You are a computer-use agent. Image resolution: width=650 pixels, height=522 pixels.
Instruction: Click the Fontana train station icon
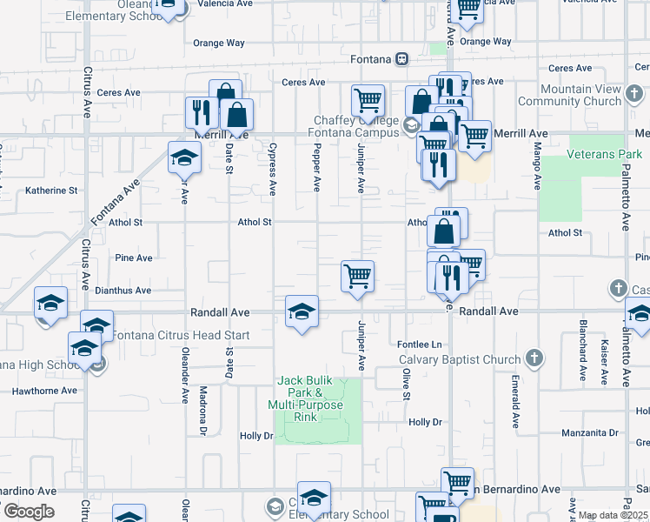click(x=401, y=59)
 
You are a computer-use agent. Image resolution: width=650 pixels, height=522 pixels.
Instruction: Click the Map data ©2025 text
click(x=613, y=515)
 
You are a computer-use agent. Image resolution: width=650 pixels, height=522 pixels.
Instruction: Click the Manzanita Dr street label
click(x=589, y=432)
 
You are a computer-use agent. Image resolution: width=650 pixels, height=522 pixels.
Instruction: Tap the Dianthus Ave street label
click(x=123, y=291)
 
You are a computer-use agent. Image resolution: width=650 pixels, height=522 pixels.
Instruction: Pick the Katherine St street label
click(x=51, y=190)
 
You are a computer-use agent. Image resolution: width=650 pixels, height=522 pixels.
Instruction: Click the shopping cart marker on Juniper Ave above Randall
click(x=358, y=277)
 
